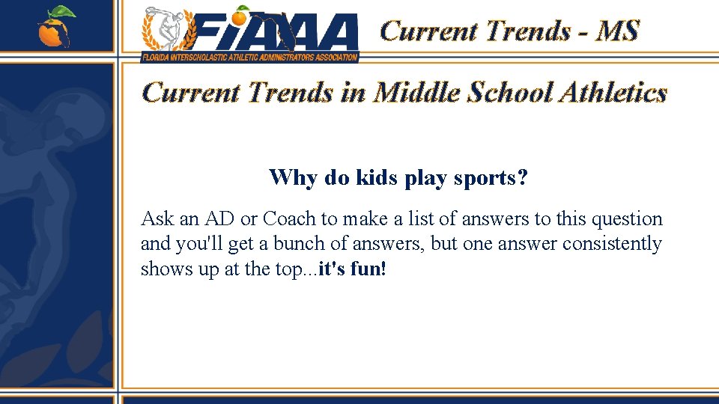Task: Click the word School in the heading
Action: pyautogui.click(x=512, y=93)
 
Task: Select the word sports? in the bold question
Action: pyautogui.click(x=496, y=178)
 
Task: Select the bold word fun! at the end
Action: pyautogui.click(x=369, y=269)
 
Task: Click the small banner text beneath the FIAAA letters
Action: pyautogui.click(x=250, y=56)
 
